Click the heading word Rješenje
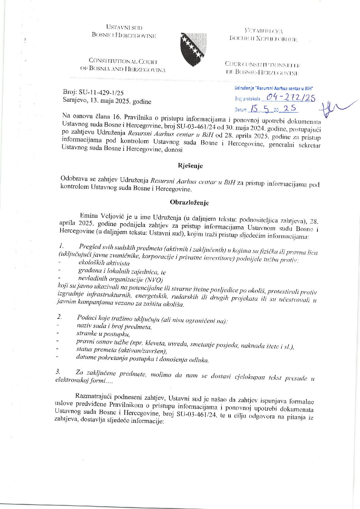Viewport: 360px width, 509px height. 190,166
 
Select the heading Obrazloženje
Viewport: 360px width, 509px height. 189,202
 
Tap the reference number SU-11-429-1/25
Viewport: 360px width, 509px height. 101,93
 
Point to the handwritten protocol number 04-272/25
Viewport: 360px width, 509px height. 290,98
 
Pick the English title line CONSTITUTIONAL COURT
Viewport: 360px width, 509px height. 123,62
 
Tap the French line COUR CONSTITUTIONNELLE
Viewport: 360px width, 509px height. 262,64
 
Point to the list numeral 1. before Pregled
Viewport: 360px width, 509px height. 61,246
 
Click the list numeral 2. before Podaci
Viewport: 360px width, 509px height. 59,317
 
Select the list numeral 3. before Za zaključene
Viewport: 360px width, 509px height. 58,372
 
